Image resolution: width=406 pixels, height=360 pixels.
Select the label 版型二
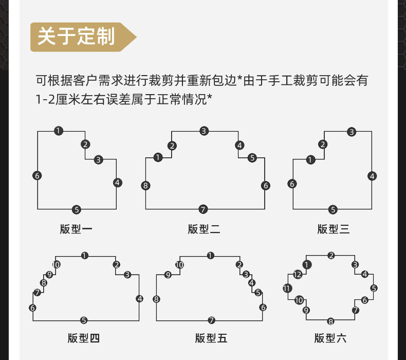click(x=204, y=229)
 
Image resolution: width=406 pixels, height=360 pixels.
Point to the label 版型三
click(x=333, y=229)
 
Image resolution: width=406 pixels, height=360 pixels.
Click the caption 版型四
click(x=84, y=338)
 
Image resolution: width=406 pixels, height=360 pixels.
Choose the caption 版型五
click(x=211, y=338)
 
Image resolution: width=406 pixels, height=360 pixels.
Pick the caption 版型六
click(x=330, y=338)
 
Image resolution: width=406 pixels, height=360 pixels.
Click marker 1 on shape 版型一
click(x=59, y=131)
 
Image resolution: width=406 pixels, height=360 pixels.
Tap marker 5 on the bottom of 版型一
click(x=77, y=209)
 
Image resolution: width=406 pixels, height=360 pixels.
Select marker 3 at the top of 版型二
click(x=204, y=131)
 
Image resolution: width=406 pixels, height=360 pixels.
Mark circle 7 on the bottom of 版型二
click(x=204, y=209)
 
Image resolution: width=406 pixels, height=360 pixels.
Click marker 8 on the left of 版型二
click(x=146, y=186)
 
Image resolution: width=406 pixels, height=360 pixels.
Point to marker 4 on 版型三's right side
click(x=372, y=176)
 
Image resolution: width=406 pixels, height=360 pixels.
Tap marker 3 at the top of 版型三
click(x=352, y=132)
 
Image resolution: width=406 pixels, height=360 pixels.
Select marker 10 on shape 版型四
click(x=56, y=265)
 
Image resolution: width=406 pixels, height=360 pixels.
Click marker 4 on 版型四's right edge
click(x=140, y=298)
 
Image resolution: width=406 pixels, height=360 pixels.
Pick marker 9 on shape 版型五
click(x=168, y=275)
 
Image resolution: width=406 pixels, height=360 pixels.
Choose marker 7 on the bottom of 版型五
click(x=211, y=320)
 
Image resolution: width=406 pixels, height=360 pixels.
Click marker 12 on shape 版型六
click(x=298, y=274)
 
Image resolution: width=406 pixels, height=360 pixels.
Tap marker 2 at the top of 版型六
click(x=331, y=256)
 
